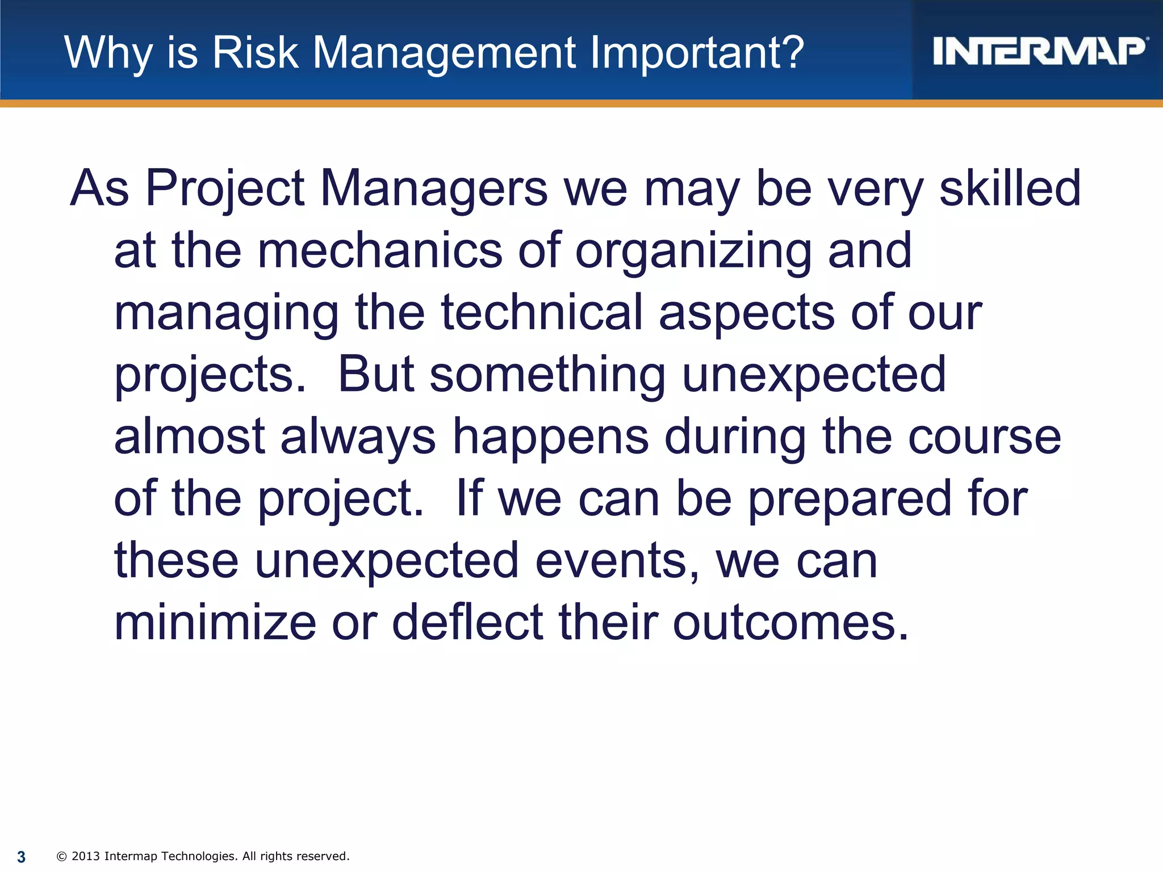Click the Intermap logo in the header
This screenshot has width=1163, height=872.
[1039, 52]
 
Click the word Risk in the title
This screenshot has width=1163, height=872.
[255, 53]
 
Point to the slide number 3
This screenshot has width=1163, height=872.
[22, 857]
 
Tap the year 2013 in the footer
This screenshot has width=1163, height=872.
[86, 856]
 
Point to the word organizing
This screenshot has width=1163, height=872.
[693, 251]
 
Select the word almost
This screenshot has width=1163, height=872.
[190, 437]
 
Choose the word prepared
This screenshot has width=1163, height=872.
[849, 500]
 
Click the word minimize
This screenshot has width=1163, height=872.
[215, 623]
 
